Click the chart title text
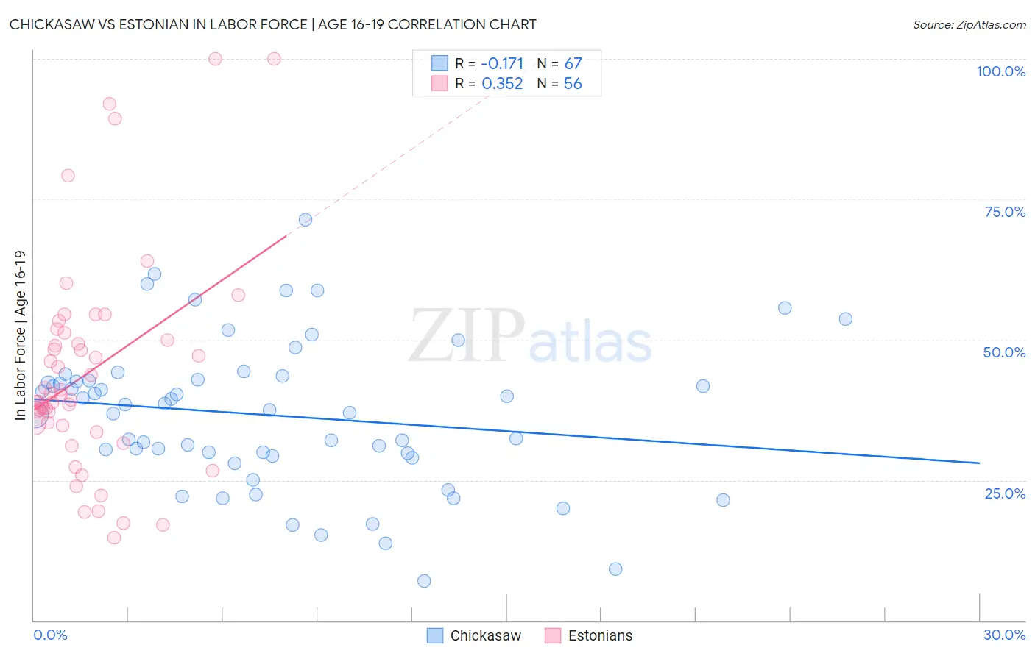tap(272, 24)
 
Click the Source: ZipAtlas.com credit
tap(969, 25)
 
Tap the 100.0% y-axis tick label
tap(1000, 71)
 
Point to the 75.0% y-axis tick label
tap(1005, 212)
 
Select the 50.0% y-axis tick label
tap(1004, 352)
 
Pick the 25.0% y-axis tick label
tap(1005, 493)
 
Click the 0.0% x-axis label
tap(50, 635)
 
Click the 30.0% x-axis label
tap(1004, 635)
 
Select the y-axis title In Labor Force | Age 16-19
tap(20, 335)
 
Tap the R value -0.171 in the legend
tap(502, 64)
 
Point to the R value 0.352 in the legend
tap(502, 84)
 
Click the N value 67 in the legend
tap(573, 64)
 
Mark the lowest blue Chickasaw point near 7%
tap(424, 581)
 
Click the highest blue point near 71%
tap(305, 220)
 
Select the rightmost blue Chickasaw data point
tap(846, 319)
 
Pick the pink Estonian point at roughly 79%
tap(68, 176)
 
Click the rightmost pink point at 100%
tap(274, 59)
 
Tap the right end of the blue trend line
tap(979, 463)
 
